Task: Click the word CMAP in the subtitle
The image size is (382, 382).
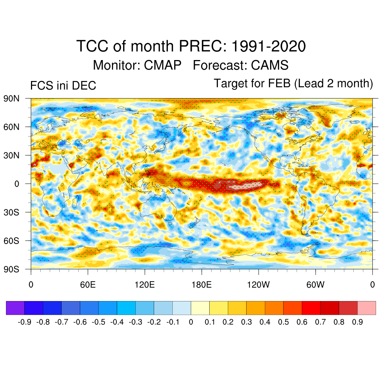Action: click(x=163, y=65)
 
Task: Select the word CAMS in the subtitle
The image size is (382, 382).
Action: click(x=270, y=65)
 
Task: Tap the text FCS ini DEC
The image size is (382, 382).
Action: click(x=63, y=85)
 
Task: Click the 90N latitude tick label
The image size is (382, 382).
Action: click(x=11, y=98)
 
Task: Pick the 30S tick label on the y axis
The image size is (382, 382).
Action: click(x=11, y=212)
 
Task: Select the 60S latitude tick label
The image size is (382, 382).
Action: click(x=11, y=241)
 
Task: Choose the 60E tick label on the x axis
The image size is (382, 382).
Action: click(x=88, y=285)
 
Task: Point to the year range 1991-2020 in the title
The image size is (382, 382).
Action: click(x=269, y=47)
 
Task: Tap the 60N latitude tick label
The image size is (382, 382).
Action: click(x=11, y=127)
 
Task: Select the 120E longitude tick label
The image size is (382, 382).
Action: click(x=144, y=285)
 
